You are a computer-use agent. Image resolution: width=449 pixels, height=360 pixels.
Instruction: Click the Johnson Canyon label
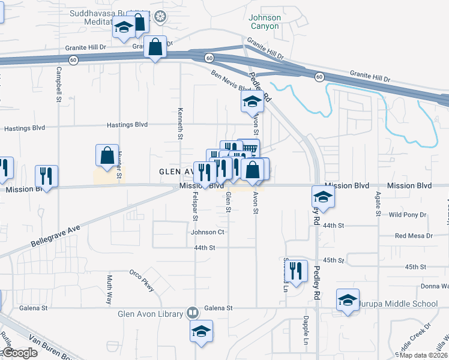point(264,22)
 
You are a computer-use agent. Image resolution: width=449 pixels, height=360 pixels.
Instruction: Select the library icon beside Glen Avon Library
point(192,313)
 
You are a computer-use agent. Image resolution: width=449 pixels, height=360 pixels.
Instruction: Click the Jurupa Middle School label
point(399,304)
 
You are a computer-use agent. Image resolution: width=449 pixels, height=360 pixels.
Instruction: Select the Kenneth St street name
point(179,124)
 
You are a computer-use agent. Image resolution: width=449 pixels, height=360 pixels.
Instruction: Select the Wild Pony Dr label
point(408,214)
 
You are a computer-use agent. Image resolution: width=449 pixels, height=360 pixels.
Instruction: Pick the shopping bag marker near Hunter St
point(106,155)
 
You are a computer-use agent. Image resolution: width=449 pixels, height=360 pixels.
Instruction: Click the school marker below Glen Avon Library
point(201,331)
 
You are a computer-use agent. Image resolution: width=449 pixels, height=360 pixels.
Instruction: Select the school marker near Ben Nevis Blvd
point(252,101)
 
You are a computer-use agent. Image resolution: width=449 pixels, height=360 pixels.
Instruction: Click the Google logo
point(19,353)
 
